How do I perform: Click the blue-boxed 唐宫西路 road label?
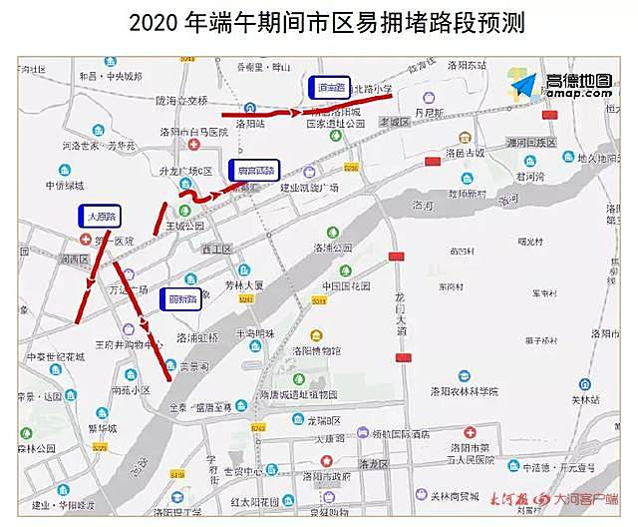[x=256, y=170]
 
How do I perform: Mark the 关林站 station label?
[x=585, y=399]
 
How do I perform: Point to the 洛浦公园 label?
[x=333, y=248]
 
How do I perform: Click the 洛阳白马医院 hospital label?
[x=188, y=131]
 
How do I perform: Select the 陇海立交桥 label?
[x=181, y=100]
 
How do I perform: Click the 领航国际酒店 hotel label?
[x=396, y=434]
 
